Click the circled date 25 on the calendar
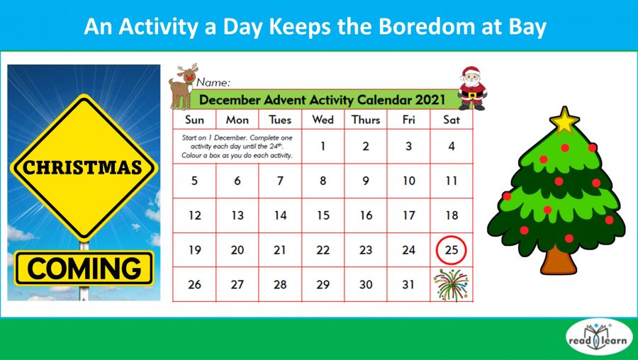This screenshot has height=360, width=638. pyautogui.click(x=452, y=250)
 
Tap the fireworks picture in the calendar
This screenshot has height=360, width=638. pyautogui.click(x=452, y=285)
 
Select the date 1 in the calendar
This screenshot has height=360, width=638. pyautogui.click(x=323, y=147)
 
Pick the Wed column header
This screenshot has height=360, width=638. pyautogui.click(x=323, y=120)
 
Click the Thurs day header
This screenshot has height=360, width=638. pyautogui.click(x=366, y=120)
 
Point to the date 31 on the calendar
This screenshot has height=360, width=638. pyautogui.click(x=409, y=285)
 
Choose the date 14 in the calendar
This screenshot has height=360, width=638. pyautogui.click(x=281, y=215)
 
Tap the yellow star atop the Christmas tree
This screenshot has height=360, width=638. pyautogui.click(x=564, y=120)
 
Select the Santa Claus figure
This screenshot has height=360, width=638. pyautogui.click(x=470, y=88)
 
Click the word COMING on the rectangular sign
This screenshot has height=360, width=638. pyautogui.click(x=84, y=269)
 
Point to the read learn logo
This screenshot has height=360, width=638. pyautogui.click(x=597, y=338)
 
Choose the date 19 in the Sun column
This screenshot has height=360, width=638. pyautogui.click(x=195, y=250)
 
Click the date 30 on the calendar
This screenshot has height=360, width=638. pyautogui.click(x=366, y=285)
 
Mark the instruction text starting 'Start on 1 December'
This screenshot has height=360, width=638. pyautogui.click(x=237, y=146)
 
